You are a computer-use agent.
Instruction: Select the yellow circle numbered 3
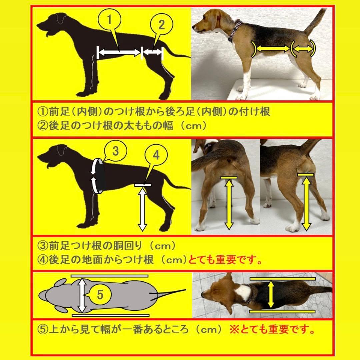115,151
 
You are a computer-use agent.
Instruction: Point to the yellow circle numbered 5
100,295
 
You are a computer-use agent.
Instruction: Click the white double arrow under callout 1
119,52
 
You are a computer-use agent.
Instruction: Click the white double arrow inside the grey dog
82,295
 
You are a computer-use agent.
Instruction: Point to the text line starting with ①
153,111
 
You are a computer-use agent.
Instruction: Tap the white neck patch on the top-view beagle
243,292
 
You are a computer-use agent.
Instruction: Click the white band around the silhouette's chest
96,176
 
